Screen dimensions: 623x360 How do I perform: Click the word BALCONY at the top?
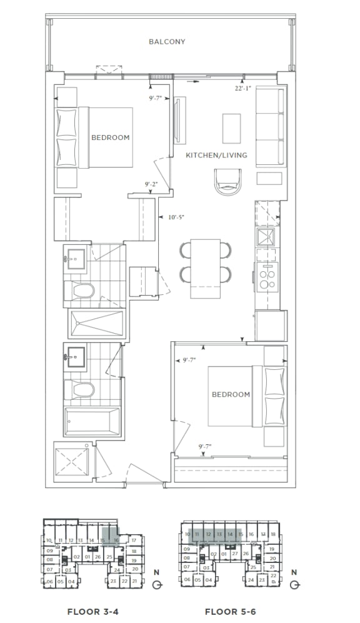pos(167,42)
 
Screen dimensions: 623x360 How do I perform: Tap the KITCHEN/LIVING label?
pos(216,155)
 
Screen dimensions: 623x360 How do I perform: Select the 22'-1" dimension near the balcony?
pos(242,88)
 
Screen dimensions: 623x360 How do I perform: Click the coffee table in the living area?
pos(232,128)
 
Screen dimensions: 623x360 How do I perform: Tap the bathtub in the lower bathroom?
pos(91,421)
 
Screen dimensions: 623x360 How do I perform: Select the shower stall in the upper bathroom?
pos(94,324)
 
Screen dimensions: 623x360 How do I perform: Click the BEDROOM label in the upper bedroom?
pos(111,137)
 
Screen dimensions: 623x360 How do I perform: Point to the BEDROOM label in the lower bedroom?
pos(231,394)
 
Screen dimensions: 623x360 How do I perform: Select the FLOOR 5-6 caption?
pos(230,612)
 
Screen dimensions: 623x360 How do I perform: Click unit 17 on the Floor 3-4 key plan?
pos(133,539)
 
